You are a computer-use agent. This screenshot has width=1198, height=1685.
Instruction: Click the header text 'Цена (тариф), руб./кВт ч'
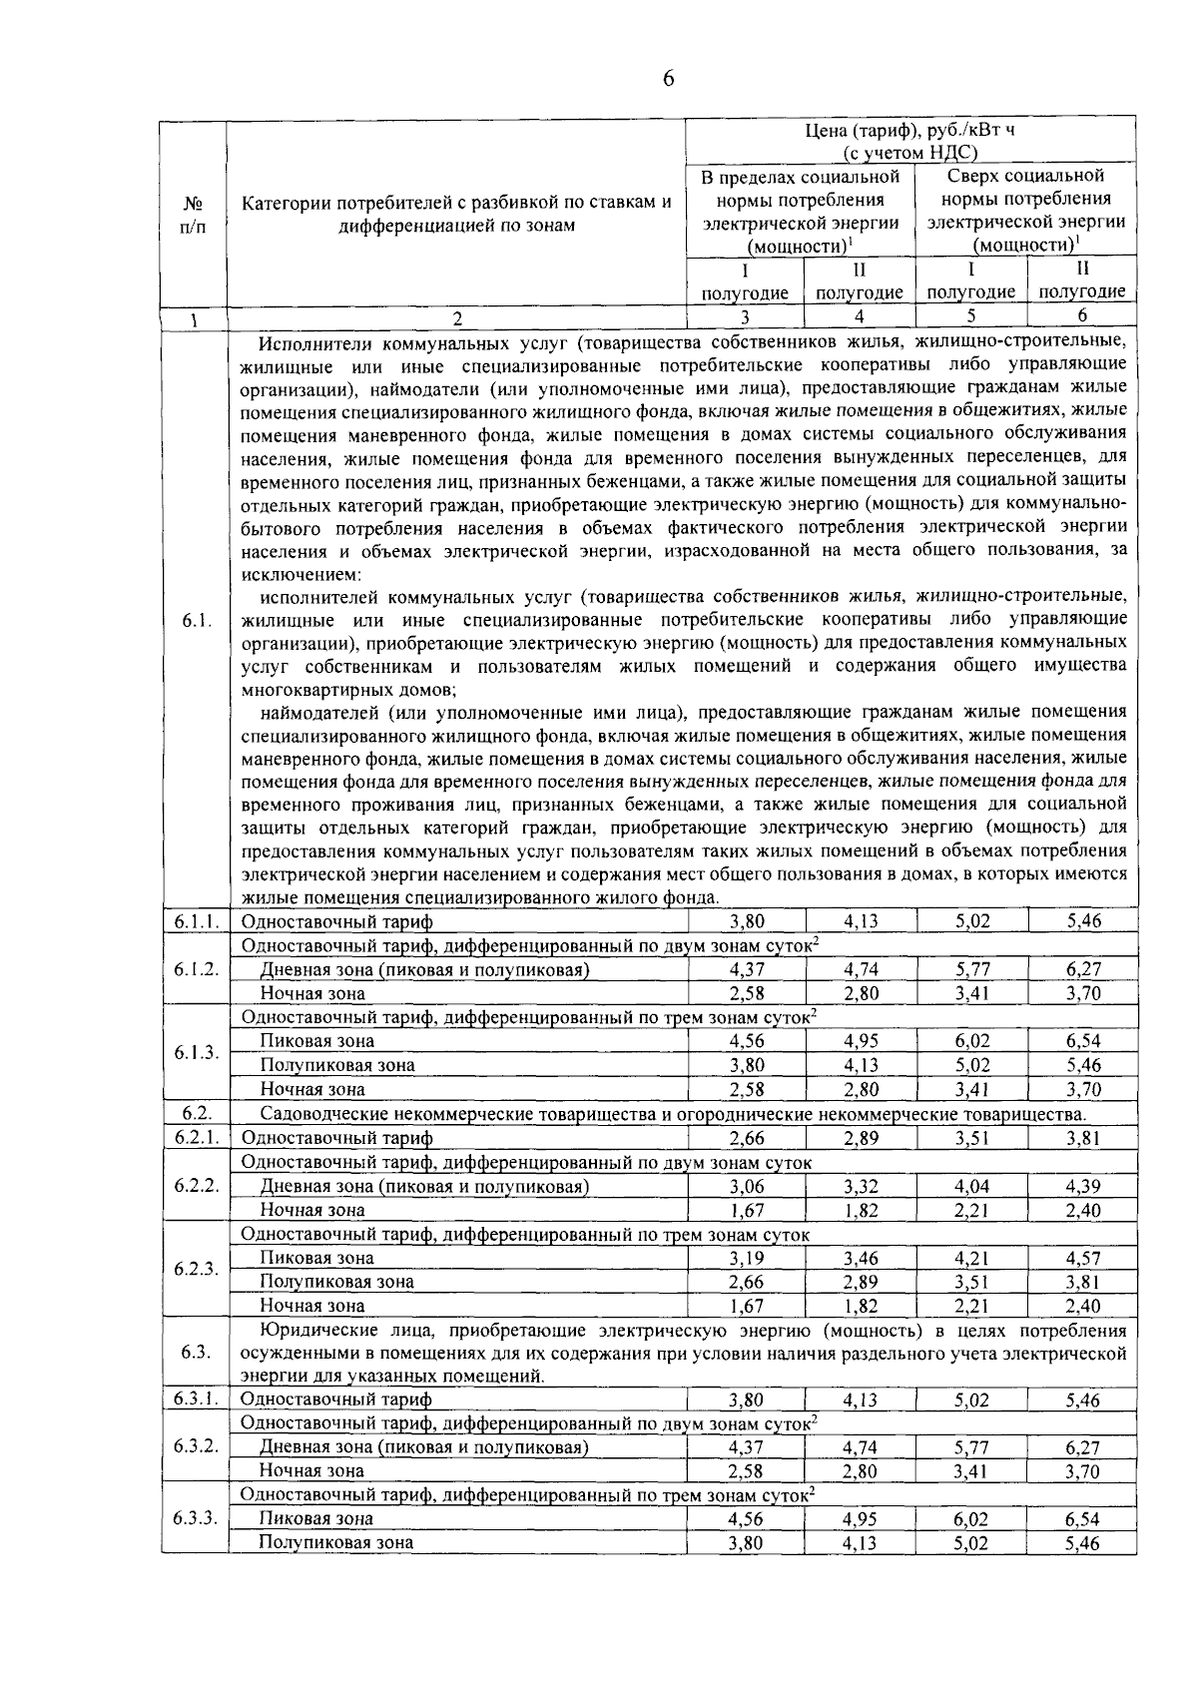point(909,130)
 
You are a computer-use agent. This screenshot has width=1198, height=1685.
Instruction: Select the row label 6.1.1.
point(195,921)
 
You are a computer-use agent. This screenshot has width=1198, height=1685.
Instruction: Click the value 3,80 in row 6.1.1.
point(746,921)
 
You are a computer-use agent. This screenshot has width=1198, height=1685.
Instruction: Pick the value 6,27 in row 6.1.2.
point(1082,969)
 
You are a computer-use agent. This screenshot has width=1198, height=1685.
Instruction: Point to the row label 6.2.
point(195,1113)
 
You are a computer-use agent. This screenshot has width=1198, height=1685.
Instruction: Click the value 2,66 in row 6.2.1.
point(746,1138)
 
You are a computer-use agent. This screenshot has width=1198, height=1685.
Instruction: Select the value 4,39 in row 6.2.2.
point(1082,1186)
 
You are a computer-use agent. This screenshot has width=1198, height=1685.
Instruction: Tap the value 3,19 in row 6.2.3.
point(746,1258)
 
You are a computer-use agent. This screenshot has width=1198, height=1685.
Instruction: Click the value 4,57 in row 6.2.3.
point(1082,1258)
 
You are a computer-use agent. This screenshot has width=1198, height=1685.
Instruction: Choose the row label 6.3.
point(195,1353)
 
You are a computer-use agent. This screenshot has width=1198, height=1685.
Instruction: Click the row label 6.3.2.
point(195,1446)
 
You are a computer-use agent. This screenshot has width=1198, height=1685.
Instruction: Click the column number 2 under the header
point(456,318)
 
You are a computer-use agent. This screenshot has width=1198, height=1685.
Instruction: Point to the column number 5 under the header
point(971,316)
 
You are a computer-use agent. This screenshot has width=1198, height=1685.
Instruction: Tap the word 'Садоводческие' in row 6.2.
point(321,1114)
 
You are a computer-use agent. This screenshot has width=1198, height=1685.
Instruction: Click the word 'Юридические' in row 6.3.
point(312,1331)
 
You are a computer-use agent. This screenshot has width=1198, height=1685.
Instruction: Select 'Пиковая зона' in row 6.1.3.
point(316,1041)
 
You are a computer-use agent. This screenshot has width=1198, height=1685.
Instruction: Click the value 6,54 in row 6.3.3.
point(1082,1518)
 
